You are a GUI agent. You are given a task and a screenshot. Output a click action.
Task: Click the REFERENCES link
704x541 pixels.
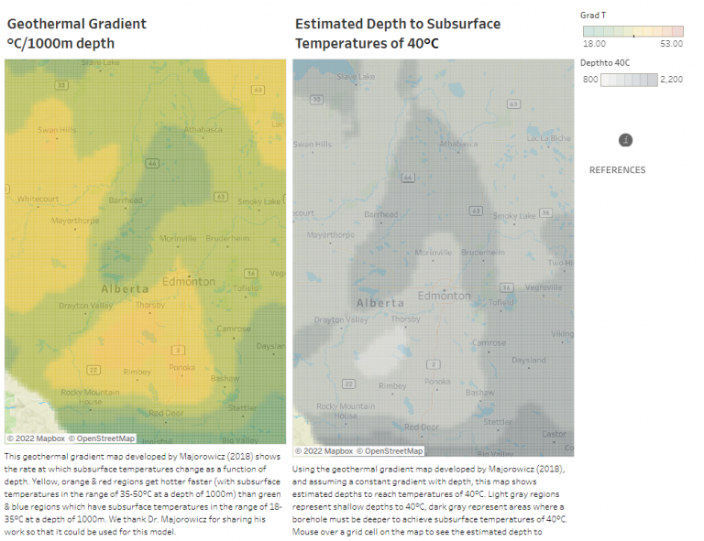[617, 170]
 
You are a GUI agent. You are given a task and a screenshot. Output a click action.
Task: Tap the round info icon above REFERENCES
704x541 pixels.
[626, 140]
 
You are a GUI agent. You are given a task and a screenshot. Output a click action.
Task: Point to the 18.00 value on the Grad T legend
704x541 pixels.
[594, 43]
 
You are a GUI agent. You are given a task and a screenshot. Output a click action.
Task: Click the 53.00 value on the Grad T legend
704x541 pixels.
[672, 43]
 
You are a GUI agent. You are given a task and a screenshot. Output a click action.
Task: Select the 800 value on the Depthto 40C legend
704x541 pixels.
[589, 80]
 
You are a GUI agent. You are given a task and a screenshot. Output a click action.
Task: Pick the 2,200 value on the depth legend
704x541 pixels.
[671, 80]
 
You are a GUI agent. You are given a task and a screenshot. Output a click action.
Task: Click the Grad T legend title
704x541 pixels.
[593, 15]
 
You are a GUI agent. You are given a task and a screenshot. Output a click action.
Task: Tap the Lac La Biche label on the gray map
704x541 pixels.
[548, 138]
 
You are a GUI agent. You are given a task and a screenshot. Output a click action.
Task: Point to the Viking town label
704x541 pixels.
[561, 334]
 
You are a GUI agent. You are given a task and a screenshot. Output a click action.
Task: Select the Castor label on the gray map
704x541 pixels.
[554, 434]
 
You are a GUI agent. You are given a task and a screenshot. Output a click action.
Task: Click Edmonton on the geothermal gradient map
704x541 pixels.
[187, 282]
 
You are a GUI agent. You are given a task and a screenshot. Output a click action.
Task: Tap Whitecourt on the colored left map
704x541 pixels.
[38, 199]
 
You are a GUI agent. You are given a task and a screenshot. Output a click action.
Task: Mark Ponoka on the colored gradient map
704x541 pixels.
[182, 367]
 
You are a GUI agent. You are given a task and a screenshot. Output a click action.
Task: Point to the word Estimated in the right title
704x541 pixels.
[331, 24]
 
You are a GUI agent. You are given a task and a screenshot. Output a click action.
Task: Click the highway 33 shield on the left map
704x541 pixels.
[61, 85]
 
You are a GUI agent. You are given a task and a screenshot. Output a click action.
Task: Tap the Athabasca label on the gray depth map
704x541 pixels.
[458, 144]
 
